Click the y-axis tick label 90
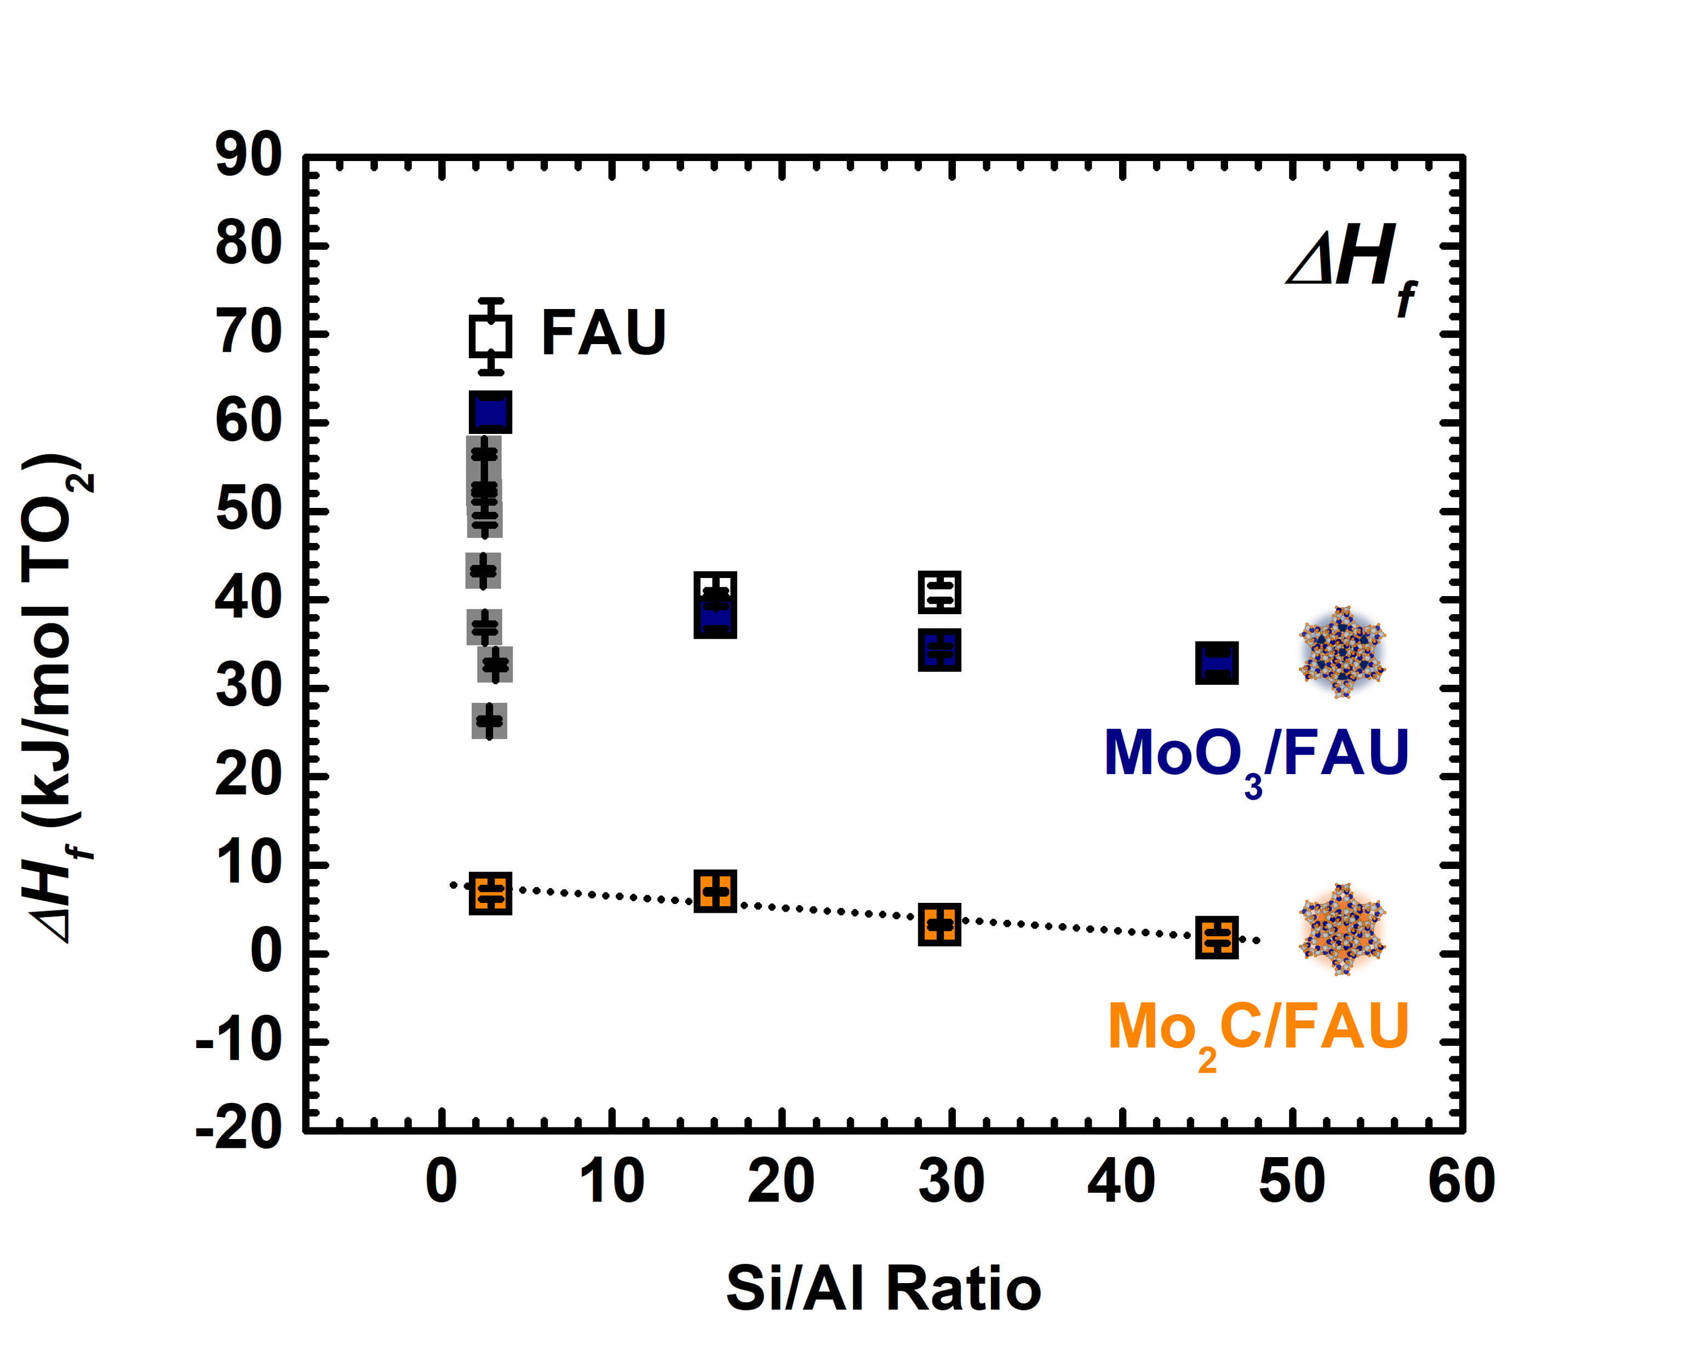pyautogui.click(x=248, y=155)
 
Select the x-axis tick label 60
pyautogui.click(x=1461, y=1181)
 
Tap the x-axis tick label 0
pyautogui.click(x=441, y=1181)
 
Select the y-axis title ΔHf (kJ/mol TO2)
pyautogui.click(x=59, y=699)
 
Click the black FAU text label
pyautogui.click(x=604, y=333)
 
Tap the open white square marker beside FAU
pyautogui.click(x=490, y=335)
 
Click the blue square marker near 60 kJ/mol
pyautogui.click(x=490, y=412)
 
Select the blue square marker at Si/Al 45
pyautogui.click(x=1217, y=662)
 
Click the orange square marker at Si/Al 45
pyautogui.click(x=1217, y=937)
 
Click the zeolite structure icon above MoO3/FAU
pyautogui.click(x=1342, y=652)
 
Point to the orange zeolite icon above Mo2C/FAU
pyautogui.click(x=1342, y=929)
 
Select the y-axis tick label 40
pyautogui.click(x=248, y=598)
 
